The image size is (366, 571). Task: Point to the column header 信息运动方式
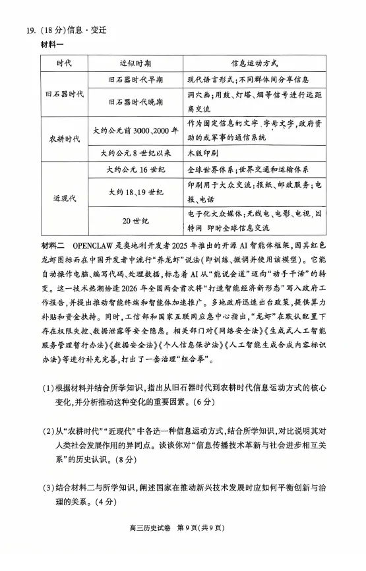[254, 63]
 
